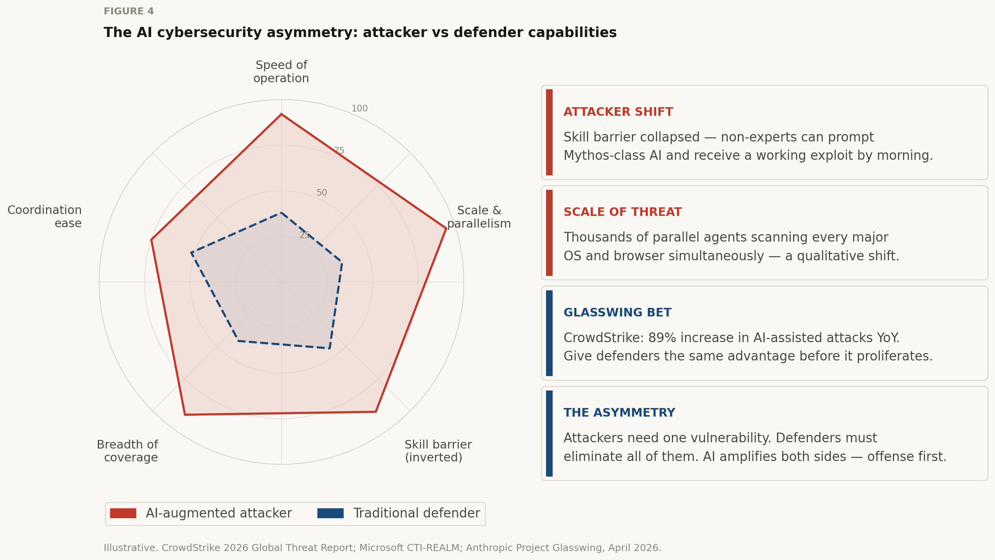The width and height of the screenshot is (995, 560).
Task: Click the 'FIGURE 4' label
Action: (x=129, y=11)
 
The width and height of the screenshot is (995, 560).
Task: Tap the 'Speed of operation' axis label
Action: (x=281, y=72)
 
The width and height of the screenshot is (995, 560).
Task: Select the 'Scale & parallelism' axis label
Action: (x=479, y=217)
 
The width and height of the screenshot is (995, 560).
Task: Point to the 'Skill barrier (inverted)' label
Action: (x=438, y=451)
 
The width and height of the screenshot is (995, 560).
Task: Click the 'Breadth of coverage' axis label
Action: (x=127, y=451)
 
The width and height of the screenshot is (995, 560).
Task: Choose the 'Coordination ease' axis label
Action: (x=45, y=217)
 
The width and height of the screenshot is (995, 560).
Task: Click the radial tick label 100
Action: (x=359, y=109)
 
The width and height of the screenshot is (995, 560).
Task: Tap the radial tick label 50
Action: (x=322, y=193)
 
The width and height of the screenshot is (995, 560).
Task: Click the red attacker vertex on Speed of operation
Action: (x=281, y=114)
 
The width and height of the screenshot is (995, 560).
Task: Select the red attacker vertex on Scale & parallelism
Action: (x=446, y=228)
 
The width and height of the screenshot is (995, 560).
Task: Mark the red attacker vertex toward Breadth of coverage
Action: (x=185, y=415)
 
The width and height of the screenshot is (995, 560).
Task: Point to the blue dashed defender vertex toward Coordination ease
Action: (x=191, y=253)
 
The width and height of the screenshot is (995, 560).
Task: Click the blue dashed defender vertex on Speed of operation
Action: (x=281, y=212)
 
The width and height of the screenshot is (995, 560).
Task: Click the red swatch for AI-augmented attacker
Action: (x=123, y=513)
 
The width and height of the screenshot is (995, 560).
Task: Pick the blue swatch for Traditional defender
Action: (x=330, y=513)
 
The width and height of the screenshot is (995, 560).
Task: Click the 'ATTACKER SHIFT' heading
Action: (x=618, y=112)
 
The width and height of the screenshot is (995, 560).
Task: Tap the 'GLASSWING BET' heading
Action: (x=617, y=313)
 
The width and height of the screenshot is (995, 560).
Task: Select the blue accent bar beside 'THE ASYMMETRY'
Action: (x=549, y=433)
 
